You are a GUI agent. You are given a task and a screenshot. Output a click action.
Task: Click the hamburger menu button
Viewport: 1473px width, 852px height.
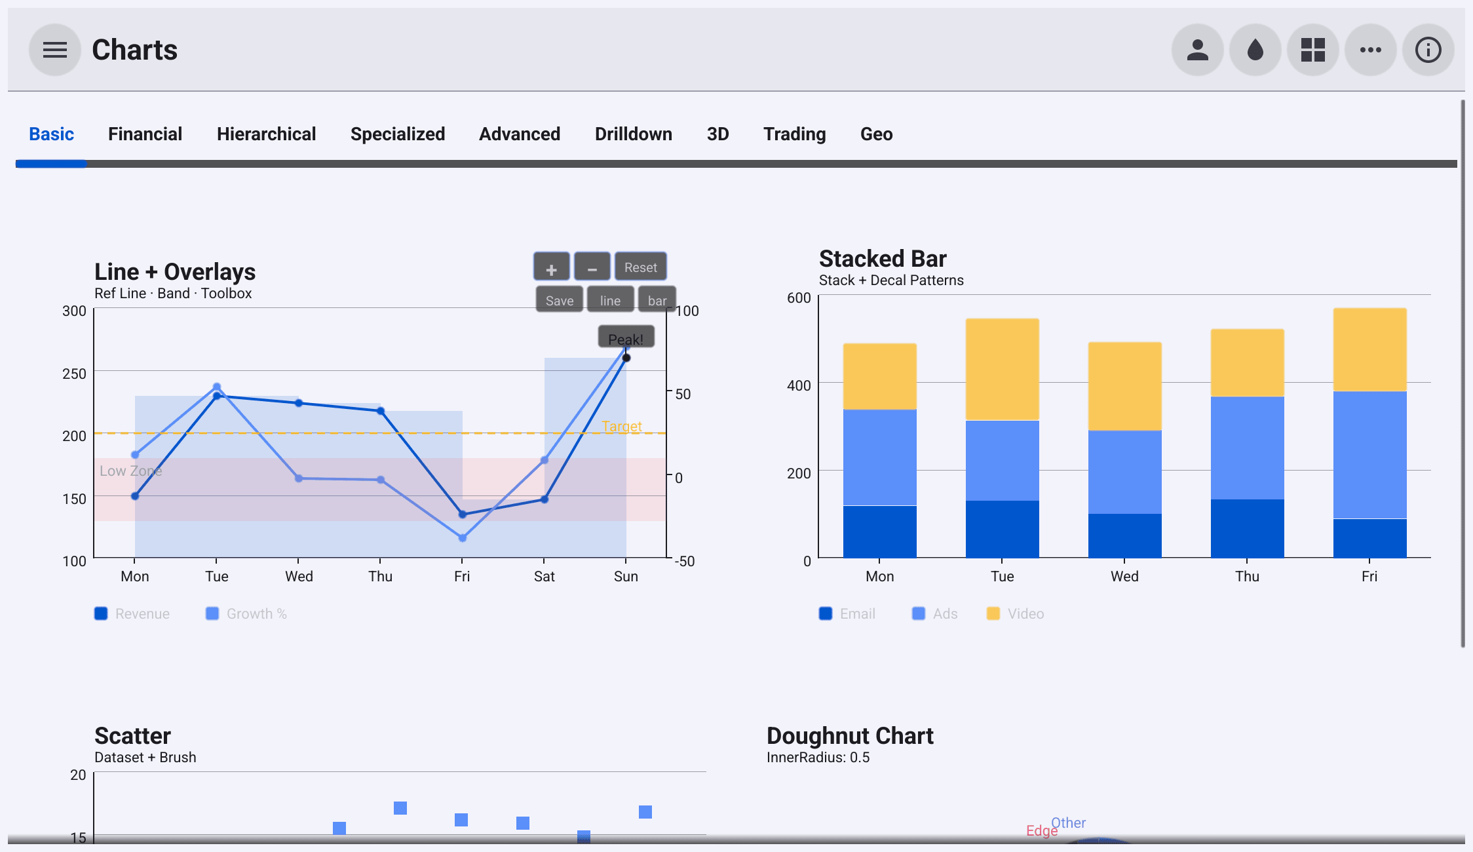55,50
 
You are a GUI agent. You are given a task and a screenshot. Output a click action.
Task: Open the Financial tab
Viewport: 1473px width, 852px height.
145,134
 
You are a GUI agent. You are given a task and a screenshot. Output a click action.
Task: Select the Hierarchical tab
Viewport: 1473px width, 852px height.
266,134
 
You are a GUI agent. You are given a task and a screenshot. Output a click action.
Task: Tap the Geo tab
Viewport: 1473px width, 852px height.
876,134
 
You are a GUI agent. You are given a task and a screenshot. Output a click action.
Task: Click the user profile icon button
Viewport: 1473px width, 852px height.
1198,50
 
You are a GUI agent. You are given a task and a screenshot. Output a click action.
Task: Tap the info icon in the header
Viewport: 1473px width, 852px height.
1428,50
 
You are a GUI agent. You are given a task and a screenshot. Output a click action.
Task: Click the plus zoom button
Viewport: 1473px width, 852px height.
552,267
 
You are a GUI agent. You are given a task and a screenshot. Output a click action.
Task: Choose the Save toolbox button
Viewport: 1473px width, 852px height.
560,300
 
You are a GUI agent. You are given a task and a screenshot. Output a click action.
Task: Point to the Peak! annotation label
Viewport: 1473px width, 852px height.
626,337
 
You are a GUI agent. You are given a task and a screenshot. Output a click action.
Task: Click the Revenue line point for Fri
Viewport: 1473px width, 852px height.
463,514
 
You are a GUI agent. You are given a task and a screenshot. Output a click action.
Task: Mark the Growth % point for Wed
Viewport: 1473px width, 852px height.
299,478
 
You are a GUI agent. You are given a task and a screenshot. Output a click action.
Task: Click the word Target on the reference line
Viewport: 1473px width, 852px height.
621,426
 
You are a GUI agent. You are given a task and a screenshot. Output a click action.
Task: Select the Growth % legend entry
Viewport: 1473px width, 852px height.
246,613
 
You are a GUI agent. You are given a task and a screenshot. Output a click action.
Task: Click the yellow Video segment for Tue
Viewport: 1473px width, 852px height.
1002,370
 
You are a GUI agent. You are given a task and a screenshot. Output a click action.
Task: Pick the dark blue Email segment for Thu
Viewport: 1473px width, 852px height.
1247,528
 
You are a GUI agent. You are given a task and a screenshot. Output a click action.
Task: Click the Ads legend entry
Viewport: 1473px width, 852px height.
935,613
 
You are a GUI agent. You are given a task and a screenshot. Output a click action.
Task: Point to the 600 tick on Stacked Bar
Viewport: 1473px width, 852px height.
799,298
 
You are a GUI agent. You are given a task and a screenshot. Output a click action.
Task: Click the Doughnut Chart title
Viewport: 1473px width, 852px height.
850,736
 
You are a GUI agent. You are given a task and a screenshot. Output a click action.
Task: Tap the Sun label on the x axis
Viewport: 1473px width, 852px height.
626,576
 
